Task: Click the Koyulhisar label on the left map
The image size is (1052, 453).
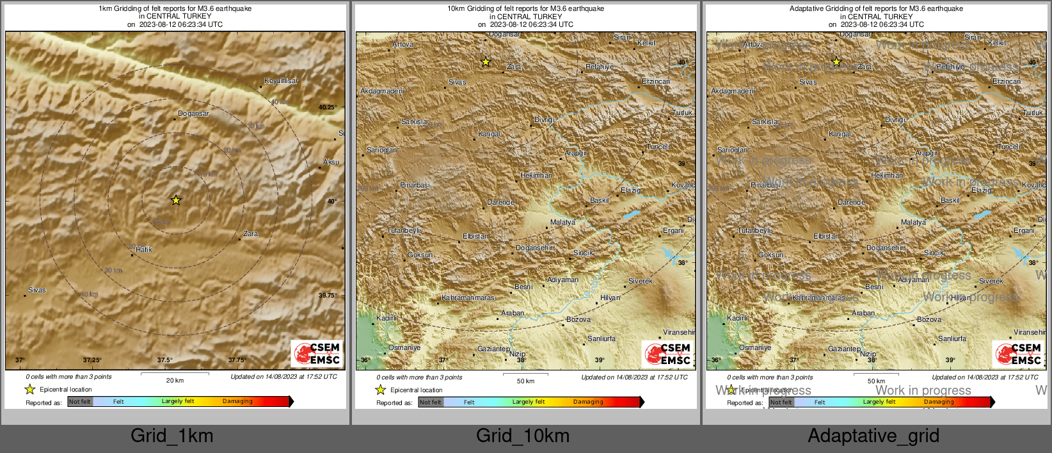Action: coord(281,81)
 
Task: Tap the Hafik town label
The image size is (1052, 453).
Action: coord(143,250)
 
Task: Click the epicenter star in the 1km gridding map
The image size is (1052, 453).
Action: coord(176,200)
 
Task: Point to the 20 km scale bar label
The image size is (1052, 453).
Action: coord(175,381)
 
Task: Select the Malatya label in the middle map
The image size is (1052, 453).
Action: coord(562,223)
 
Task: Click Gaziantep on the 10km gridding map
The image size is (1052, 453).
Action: coord(493,349)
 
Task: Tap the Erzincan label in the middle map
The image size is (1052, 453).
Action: coord(656,82)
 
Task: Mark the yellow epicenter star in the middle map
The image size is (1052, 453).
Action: coord(486,62)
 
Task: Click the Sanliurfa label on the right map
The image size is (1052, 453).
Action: coord(952,339)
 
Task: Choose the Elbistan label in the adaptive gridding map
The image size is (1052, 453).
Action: coord(825,237)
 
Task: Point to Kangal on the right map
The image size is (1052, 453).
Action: coord(840,134)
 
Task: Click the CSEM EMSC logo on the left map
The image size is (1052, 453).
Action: coord(317,354)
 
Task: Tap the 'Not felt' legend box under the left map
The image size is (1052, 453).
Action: coord(80,402)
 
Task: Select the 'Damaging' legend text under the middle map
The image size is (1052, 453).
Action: coord(588,402)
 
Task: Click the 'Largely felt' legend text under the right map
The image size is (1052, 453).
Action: coord(879,402)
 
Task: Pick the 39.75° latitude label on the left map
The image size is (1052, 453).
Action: coord(328,296)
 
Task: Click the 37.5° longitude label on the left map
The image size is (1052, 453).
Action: coord(165,360)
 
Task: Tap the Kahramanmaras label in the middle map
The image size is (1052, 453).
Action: coord(468,298)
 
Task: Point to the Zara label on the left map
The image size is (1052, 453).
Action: coord(250,234)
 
